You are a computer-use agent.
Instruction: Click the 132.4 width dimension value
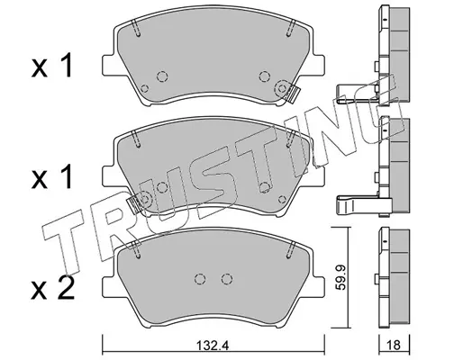coord(213,346)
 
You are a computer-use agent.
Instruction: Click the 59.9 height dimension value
coord(340,277)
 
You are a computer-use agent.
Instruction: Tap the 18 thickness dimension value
coord(394,346)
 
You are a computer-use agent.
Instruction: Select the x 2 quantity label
coord(53,288)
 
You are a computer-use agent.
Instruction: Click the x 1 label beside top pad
coord(52,66)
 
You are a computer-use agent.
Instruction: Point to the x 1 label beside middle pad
coord(52,176)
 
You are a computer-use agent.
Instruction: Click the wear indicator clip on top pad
coord(292,94)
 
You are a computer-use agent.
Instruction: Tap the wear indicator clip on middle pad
coord(133,205)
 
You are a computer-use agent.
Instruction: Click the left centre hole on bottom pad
coord(200,279)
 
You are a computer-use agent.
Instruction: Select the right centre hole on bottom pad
coord(227,279)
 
